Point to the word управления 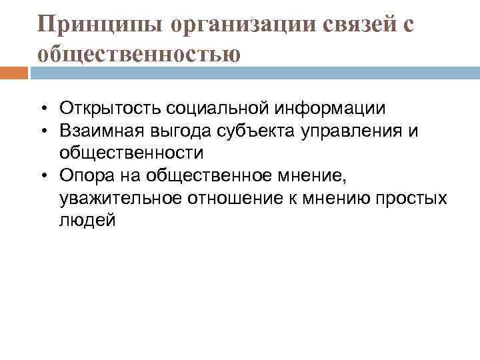(x=357, y=131)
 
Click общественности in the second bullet (x=131, y=153)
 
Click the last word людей (x=87, y=221)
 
